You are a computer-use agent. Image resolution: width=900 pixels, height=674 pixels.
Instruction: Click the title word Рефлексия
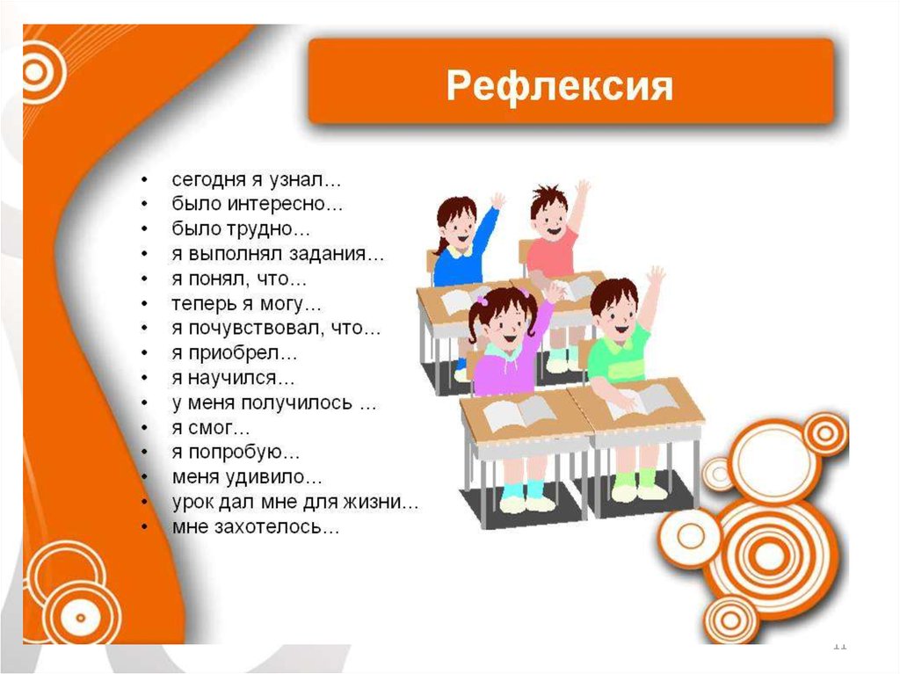pos(559,86)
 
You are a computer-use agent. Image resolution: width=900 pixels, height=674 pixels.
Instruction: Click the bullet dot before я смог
pos(145,428)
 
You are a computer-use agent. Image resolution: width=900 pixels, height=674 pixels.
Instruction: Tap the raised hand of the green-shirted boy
pos(655,279)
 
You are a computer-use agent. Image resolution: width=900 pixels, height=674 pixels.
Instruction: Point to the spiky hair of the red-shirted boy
pos(548,195)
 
